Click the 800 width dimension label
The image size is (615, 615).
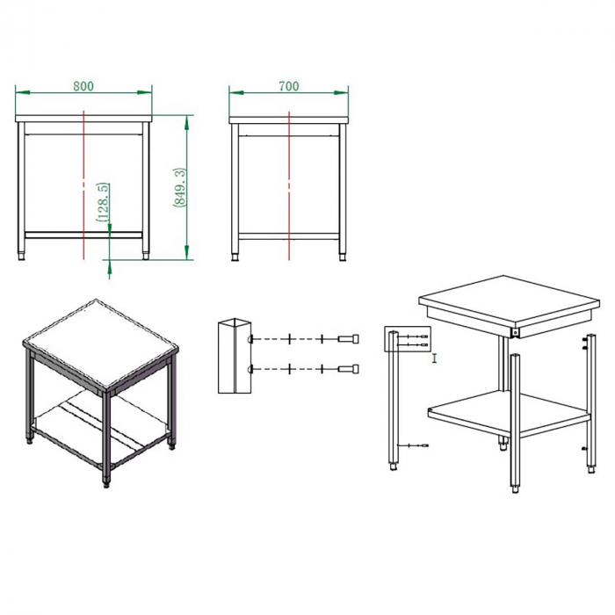[x=83, y=86]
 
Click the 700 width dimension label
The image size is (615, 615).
[x=289, y=86]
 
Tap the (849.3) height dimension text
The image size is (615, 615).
[x=179, y=187]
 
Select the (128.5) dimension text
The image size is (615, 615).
[x=103, y=202]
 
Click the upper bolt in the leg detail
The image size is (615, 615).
[x=348, y=338]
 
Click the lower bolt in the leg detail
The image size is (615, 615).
[x=348, y=369]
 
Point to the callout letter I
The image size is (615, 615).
[x=434, y=358]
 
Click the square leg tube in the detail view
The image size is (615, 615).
[x=235, y=356]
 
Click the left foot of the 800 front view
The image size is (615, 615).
[x=22, y=257]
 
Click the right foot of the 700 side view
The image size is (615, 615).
[x=343, y=257]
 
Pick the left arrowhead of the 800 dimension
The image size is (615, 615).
[x=22, y=92]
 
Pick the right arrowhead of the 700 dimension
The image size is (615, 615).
[x=341, y=93]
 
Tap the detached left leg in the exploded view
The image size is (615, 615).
[x=394, y=401]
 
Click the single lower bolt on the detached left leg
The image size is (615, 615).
[x=414, y=445]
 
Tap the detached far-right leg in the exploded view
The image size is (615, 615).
[x=590, y=404]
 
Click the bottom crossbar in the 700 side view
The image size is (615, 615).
[x=289, y=236]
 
